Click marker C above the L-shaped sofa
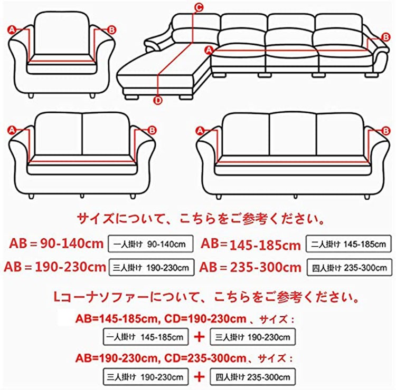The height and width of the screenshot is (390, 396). tap(199, 7)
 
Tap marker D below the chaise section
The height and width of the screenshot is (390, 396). tap(158, 100)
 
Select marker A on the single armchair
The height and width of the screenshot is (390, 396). tap(12, 30)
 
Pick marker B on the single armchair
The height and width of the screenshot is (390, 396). tap(111, 30)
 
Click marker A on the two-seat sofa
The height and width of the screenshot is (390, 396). tap(12, 130)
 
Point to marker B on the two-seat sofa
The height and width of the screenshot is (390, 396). tap(152, 130)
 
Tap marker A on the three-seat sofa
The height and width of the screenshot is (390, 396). tap(200, 131)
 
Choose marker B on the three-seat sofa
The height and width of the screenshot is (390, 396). tap(385, 131)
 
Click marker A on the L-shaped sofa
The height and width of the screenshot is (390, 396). tap(209, 50)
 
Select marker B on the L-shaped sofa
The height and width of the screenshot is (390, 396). tap(385, 37)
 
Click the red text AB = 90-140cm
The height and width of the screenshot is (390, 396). tap(56, 243)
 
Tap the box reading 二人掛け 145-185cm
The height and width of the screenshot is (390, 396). tap(348, 244)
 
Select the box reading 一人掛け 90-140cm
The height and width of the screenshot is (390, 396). tap(150, 244)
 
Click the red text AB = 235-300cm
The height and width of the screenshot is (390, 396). tap(250, 267)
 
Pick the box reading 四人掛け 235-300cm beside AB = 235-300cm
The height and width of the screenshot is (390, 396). tap(350, 267)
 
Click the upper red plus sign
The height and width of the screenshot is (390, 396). tap(199, 337)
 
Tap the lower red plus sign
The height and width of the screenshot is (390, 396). tap(199, 377)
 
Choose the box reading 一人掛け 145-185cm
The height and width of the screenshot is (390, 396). tap(146, 337)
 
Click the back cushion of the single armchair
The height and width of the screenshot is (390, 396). tap(62, 34)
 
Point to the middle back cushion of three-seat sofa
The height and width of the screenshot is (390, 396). tap(293, 134)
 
